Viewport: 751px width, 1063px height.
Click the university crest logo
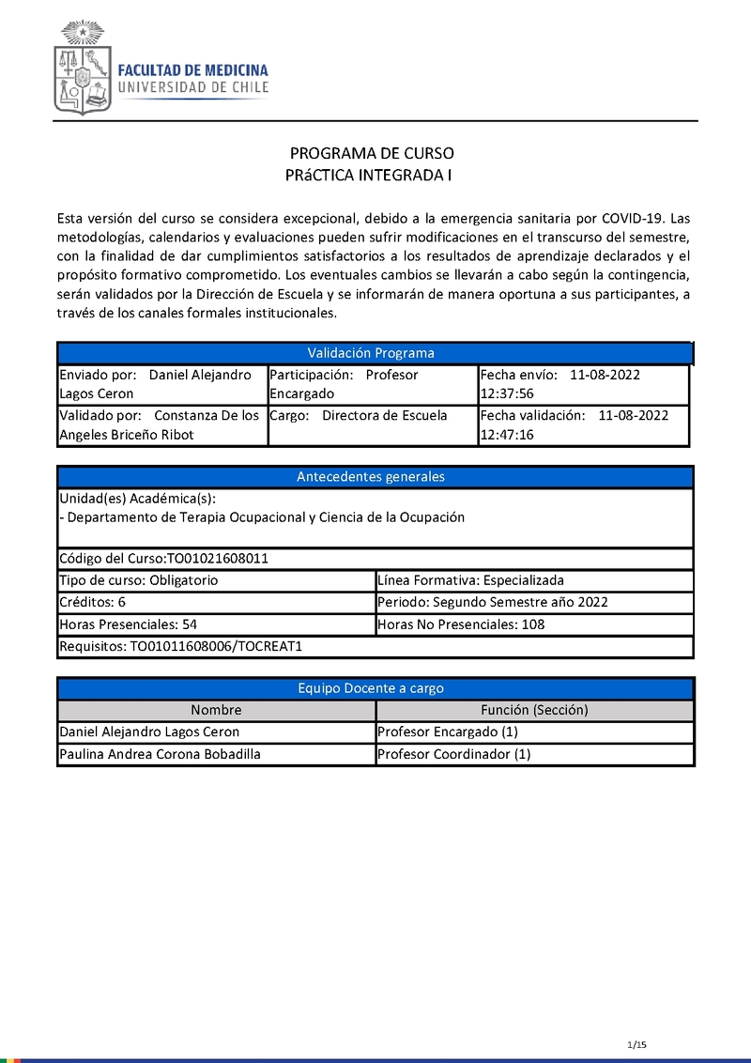(83, 68)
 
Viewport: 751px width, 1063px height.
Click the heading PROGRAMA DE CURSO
(371, 153)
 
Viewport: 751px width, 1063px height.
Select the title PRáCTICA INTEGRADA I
(371, 175)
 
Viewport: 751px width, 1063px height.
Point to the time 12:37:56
(507, 393)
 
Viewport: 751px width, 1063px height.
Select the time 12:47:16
(507, 435)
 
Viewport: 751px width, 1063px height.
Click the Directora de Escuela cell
(385, 415)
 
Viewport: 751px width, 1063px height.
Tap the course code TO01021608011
(218, 558)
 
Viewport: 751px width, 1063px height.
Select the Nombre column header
(216, 710)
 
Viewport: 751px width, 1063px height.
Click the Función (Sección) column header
(534, 710)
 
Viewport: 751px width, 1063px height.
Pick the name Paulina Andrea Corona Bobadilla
(160, 754)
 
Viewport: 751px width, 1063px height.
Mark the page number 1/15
(637, 1045)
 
